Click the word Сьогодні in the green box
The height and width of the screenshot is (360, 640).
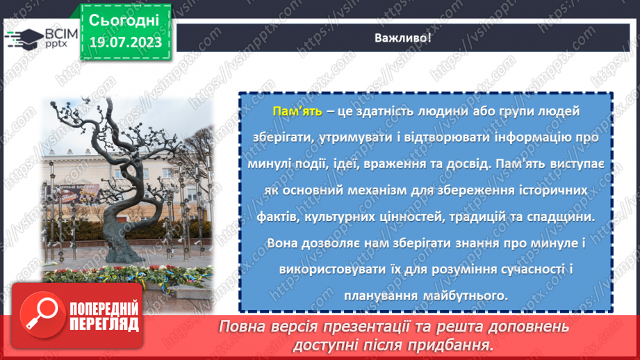tap(125, 20)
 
